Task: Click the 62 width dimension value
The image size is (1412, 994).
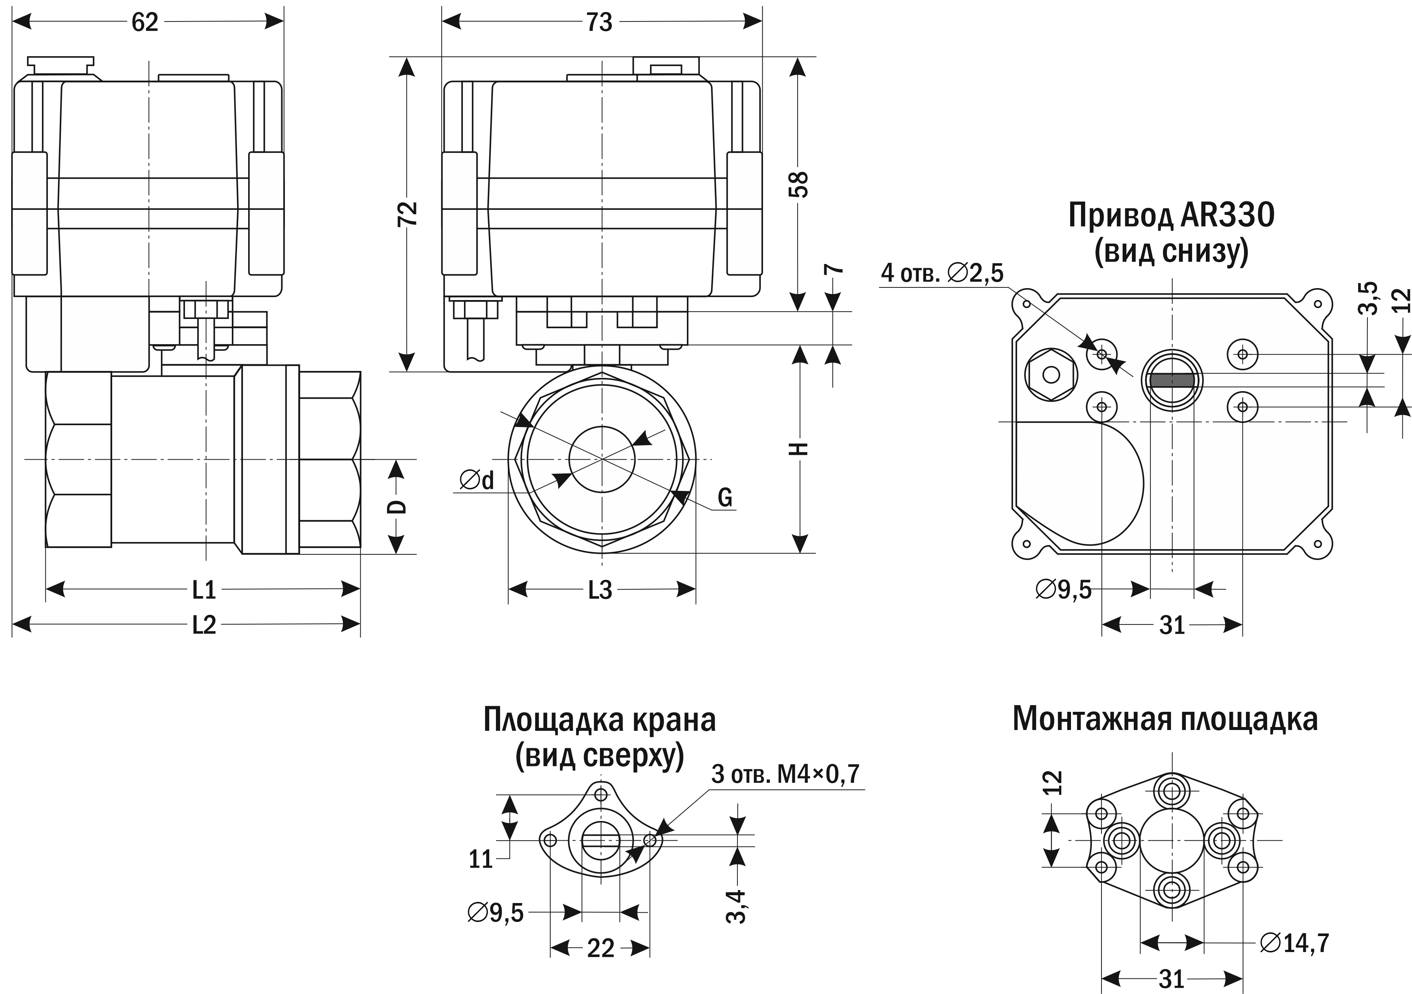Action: [145, 23]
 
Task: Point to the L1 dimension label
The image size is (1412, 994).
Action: [204, 590]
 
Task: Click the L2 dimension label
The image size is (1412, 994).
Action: [204, 626]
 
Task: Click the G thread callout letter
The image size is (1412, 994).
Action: [725, 497]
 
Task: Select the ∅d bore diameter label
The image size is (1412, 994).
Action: [477, 480]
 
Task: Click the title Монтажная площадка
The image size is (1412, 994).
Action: [1165, 719]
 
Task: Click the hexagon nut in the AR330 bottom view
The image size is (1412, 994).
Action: [1051, 374]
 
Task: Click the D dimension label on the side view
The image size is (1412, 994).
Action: [399, 506]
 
